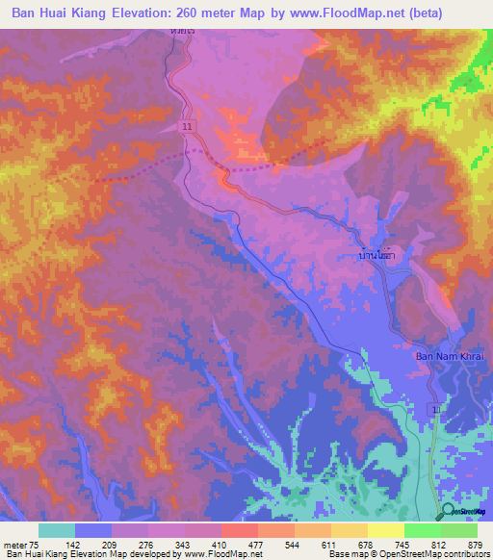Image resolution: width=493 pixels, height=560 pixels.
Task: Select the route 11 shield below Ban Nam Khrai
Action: [438, 410]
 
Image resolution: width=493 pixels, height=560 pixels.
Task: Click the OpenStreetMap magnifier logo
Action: [447, 511]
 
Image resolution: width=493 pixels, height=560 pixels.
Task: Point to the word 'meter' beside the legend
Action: [16, 545]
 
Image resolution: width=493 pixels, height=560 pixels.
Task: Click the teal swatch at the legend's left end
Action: [57, 530]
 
